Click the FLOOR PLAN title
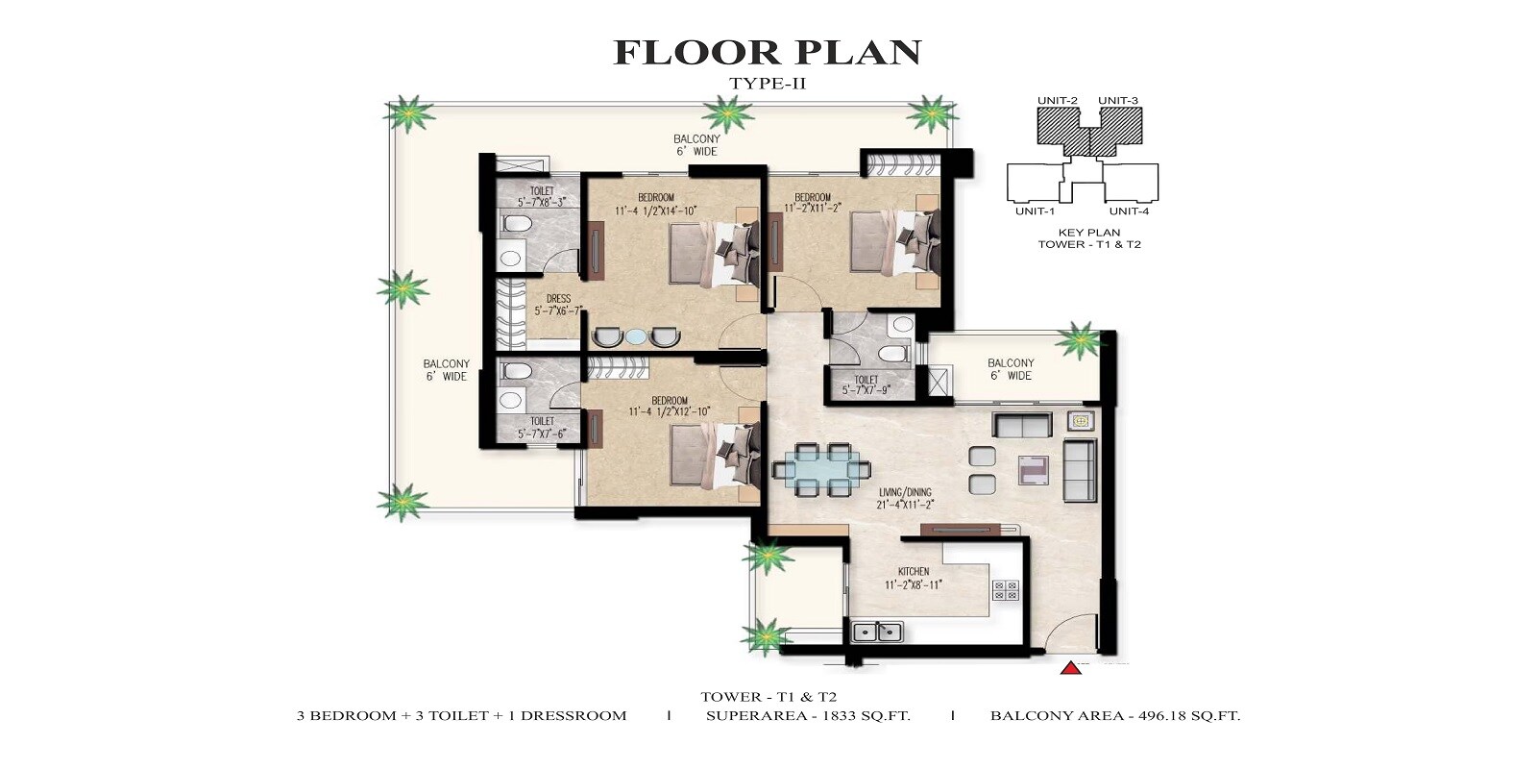pyautogui.click(x=767, y=52)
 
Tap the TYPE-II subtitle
pyautogui.click(x=767, y=84)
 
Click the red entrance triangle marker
pyautogui.click(x=1070, y=667)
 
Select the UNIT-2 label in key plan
pyautogui.click(x=1057, y=101)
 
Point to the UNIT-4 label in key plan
pyautogui.click(x=1129, y=211)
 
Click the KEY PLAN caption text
pyautogui.click(x=1089, y=233)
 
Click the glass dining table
pyautogui.click(x=822, y=470)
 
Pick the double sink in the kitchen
pyautogui.click(x=877, y=632)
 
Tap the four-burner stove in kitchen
pyautogui.click(x=1005, y=590)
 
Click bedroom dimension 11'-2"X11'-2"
pyautogui.click(x=813, y=208)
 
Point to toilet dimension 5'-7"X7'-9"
pyautogui.click(x=866, y=390)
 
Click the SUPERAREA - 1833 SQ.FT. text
pyautogui.click(x=808, y=715)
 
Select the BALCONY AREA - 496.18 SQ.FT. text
pyautogui.click(x=1114, y=715)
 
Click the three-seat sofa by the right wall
pyautogui.click(x=1080, y=469)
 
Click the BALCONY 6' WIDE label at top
pyautogui.click(x=696, y=145)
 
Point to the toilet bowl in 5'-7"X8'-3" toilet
pyautogui.click(x=517, y=225)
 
